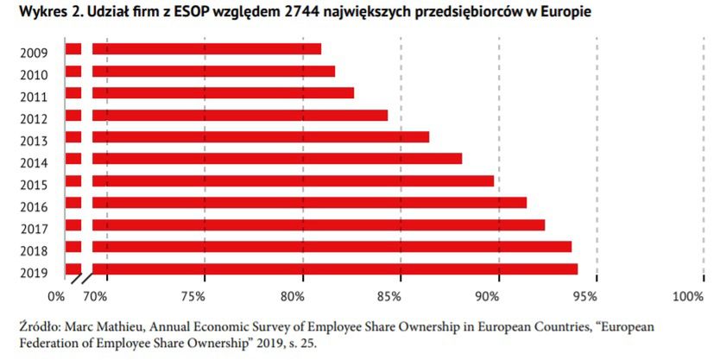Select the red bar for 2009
pos(206,49)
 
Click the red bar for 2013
pos(260,136)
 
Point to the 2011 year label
pos(34,96)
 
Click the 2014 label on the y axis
pos(34,162)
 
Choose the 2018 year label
pos(34,251)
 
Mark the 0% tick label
pos(57,297)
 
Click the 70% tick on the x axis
pos(95,297)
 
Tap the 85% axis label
pos(390,297)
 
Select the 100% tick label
pos(688,297)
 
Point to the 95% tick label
pos(585,297)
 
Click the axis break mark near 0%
pos(80,280)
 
